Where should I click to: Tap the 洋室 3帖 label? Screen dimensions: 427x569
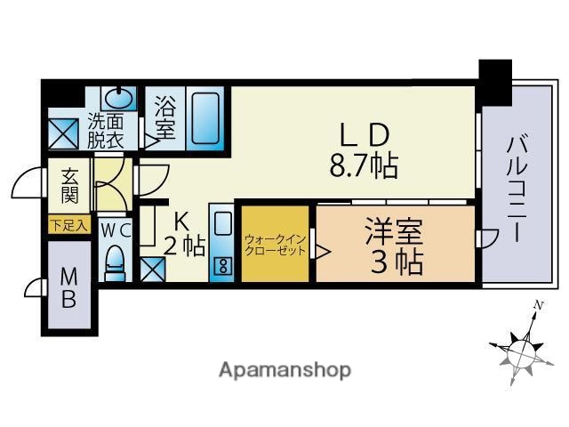click(x=391, y=246)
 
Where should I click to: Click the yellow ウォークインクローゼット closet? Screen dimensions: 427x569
click(x=276, y=245)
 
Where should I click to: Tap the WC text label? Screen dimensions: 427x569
click(x=115, y=230)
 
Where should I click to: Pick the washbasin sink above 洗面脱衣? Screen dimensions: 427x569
click(x=116, y=96)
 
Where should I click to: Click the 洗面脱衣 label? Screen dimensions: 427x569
click(x=107, y=132)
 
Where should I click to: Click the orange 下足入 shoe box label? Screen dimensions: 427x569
click(x=68, y=226)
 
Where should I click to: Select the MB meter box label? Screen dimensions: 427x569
click(x=68, y=287)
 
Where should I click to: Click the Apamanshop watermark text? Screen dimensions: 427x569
click(x=284, y=368)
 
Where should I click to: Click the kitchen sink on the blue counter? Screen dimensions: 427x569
click(x=222, y=222)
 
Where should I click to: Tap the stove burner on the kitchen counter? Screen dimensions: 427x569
click(x=222, y=263)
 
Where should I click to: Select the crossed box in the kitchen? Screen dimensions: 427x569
click(x=151, y=267)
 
